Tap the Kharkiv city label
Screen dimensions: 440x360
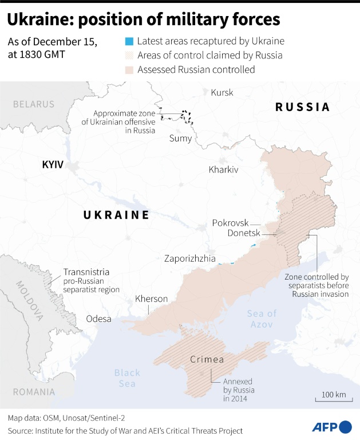223,170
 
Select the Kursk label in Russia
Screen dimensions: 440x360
222,92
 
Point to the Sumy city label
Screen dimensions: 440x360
180,138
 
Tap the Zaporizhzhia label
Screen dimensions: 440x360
189,258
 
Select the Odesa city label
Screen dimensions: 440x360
98,319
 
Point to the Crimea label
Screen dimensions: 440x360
206,360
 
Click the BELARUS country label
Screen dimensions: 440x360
34,104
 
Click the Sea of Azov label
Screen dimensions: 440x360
262,319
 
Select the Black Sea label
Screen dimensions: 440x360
126,378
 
